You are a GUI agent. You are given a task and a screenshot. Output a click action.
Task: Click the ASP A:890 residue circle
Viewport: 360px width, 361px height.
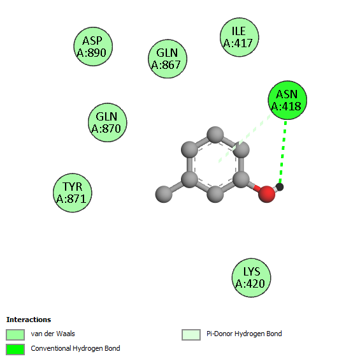(x=93, y=47)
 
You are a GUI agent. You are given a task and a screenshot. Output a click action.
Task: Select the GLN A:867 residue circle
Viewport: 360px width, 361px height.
(x=168, y=59)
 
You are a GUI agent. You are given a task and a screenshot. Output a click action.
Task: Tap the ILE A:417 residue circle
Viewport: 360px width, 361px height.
(x=239, y=37)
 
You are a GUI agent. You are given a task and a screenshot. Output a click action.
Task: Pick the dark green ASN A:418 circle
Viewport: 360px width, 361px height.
(x=287, y=100)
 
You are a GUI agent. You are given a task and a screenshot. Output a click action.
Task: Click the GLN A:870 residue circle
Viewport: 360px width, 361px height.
(x=108, y=122)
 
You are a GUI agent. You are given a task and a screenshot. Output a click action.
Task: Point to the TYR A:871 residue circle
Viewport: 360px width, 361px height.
(x=73, y=193)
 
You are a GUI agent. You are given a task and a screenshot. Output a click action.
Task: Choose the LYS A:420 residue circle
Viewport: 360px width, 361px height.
(x=251, y=277)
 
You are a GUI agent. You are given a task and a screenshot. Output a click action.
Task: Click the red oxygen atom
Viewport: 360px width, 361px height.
(x=266, y=194)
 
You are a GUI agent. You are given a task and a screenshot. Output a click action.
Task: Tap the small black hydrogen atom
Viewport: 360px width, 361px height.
(x=280, y=187)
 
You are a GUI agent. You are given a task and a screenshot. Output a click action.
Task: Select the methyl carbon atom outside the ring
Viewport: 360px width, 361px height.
(x=164, y=195)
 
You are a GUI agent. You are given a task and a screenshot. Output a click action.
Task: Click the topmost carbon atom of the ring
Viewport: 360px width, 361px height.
(x=215, y=135)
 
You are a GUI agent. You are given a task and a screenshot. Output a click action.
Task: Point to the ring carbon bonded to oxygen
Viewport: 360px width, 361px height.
(x=241, y=179)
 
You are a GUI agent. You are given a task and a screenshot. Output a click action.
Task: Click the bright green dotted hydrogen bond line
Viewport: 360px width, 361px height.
(x=283, y=152)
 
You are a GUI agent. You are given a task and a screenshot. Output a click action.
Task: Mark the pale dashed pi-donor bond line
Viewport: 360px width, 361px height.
(x=245, y=138)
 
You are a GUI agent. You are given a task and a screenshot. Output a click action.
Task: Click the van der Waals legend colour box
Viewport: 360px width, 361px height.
(x=15, y=334)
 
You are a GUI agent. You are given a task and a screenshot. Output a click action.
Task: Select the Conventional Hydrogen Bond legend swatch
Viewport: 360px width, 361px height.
(x=15, y=350)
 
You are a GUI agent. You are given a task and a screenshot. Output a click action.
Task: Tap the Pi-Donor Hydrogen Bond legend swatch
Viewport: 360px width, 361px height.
(x=191, y=334)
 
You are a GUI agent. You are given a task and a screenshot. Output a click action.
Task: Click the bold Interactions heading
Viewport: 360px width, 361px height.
(x=29, y=320)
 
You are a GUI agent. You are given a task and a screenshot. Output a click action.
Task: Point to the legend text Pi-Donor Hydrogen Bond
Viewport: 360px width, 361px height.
(x=244, y=334)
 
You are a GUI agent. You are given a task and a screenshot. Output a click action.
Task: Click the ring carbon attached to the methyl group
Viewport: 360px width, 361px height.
(x=189, y=179)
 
